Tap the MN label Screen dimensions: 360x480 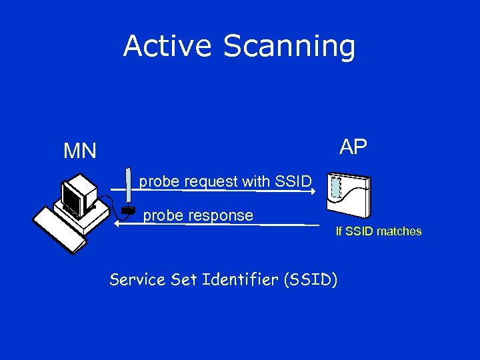point(79,151)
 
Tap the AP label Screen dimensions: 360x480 point(353,147)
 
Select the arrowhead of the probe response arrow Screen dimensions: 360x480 point(116,224)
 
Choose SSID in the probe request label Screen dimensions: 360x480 point(293,181)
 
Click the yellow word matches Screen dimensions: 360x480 point(399,231)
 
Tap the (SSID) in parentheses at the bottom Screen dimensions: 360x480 point(310,279)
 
